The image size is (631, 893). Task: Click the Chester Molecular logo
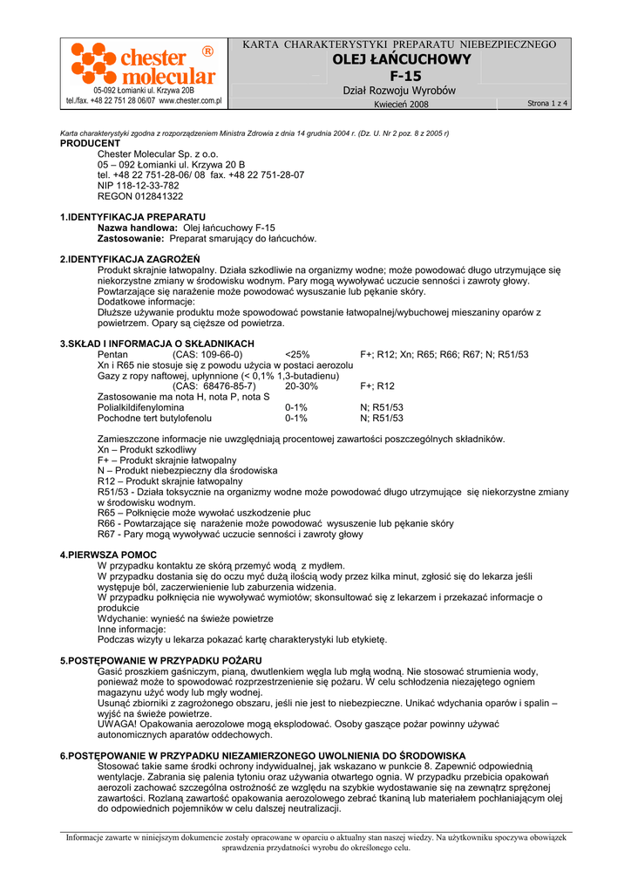coord(143,65)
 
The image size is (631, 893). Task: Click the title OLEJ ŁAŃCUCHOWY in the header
coord(401,59)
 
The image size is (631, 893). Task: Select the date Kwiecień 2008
coord(401,105)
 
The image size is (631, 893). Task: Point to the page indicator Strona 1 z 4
coord(547,104)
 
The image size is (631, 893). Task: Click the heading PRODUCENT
coord(90,143)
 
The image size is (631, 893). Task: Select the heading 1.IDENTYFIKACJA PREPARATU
coord(132,216)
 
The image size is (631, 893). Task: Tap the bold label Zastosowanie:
coord(131,238)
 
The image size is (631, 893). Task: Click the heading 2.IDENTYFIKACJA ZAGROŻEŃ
coord(130,259)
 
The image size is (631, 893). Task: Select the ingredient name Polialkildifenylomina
coord(140,407)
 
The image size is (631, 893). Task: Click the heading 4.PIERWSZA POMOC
coord(108,555)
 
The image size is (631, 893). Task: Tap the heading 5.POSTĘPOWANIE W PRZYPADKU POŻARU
coord(160,661)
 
